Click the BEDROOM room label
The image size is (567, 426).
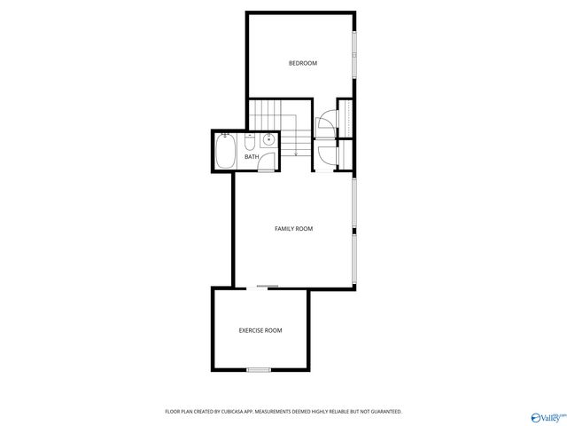pyautogui.click(x=303, y=63)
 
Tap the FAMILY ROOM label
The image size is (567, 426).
pyautogui.click(x=293, y=229)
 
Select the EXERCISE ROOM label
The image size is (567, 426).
pyautogui.click(x=260, y=330)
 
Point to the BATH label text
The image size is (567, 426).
pyautogui.click(x=252, y=157)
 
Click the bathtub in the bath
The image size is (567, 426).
pyautogui.click(x=226, y=151)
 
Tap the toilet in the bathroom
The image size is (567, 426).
pyautogui.click(x=250, y=142)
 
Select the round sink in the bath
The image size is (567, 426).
pyautogui.click(x=268, y=141)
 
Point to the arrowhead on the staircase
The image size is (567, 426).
pyautogui.click(x=296, y=154)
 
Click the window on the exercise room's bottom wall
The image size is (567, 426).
pyautogui.click(x=259, y=369)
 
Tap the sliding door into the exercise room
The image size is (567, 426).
pyautogui.click(x=267, y=287)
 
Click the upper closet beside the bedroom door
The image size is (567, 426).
pyautogui.click(x=346, y=118)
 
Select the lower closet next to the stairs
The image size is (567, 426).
pyautogui.click(x=346, y=154)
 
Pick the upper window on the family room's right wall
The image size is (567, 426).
pyautogui.click(x=354, y=203)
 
